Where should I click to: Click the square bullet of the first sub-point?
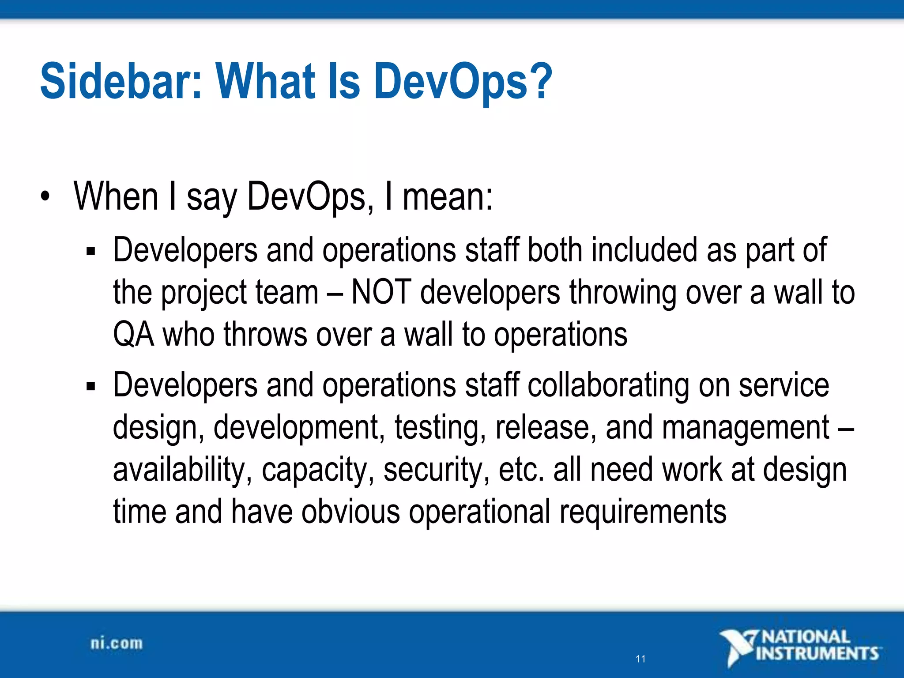(x=91, y=252)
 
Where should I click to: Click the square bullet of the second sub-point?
(x=91, y=387)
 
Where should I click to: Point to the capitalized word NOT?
(x=381, y=292)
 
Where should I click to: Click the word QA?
(x=133, y=335)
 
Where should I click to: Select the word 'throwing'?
(x=622, y=293)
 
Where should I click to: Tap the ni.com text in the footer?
(x=117, y=643)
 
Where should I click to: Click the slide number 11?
(x=640, y=659)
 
